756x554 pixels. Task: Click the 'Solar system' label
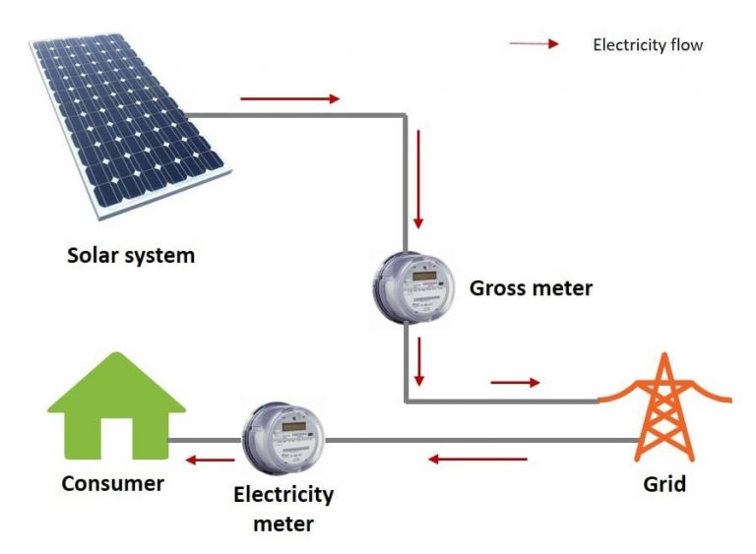coord(131,256)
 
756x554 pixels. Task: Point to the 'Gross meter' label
coord(531,288)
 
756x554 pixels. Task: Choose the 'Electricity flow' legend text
coord(648,45)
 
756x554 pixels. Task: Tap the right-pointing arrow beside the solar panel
coord(289,98)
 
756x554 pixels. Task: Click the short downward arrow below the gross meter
coord(420,361)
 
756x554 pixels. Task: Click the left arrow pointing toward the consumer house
coord(212,459)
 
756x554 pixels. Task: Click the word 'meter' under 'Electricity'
coord(283,523)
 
